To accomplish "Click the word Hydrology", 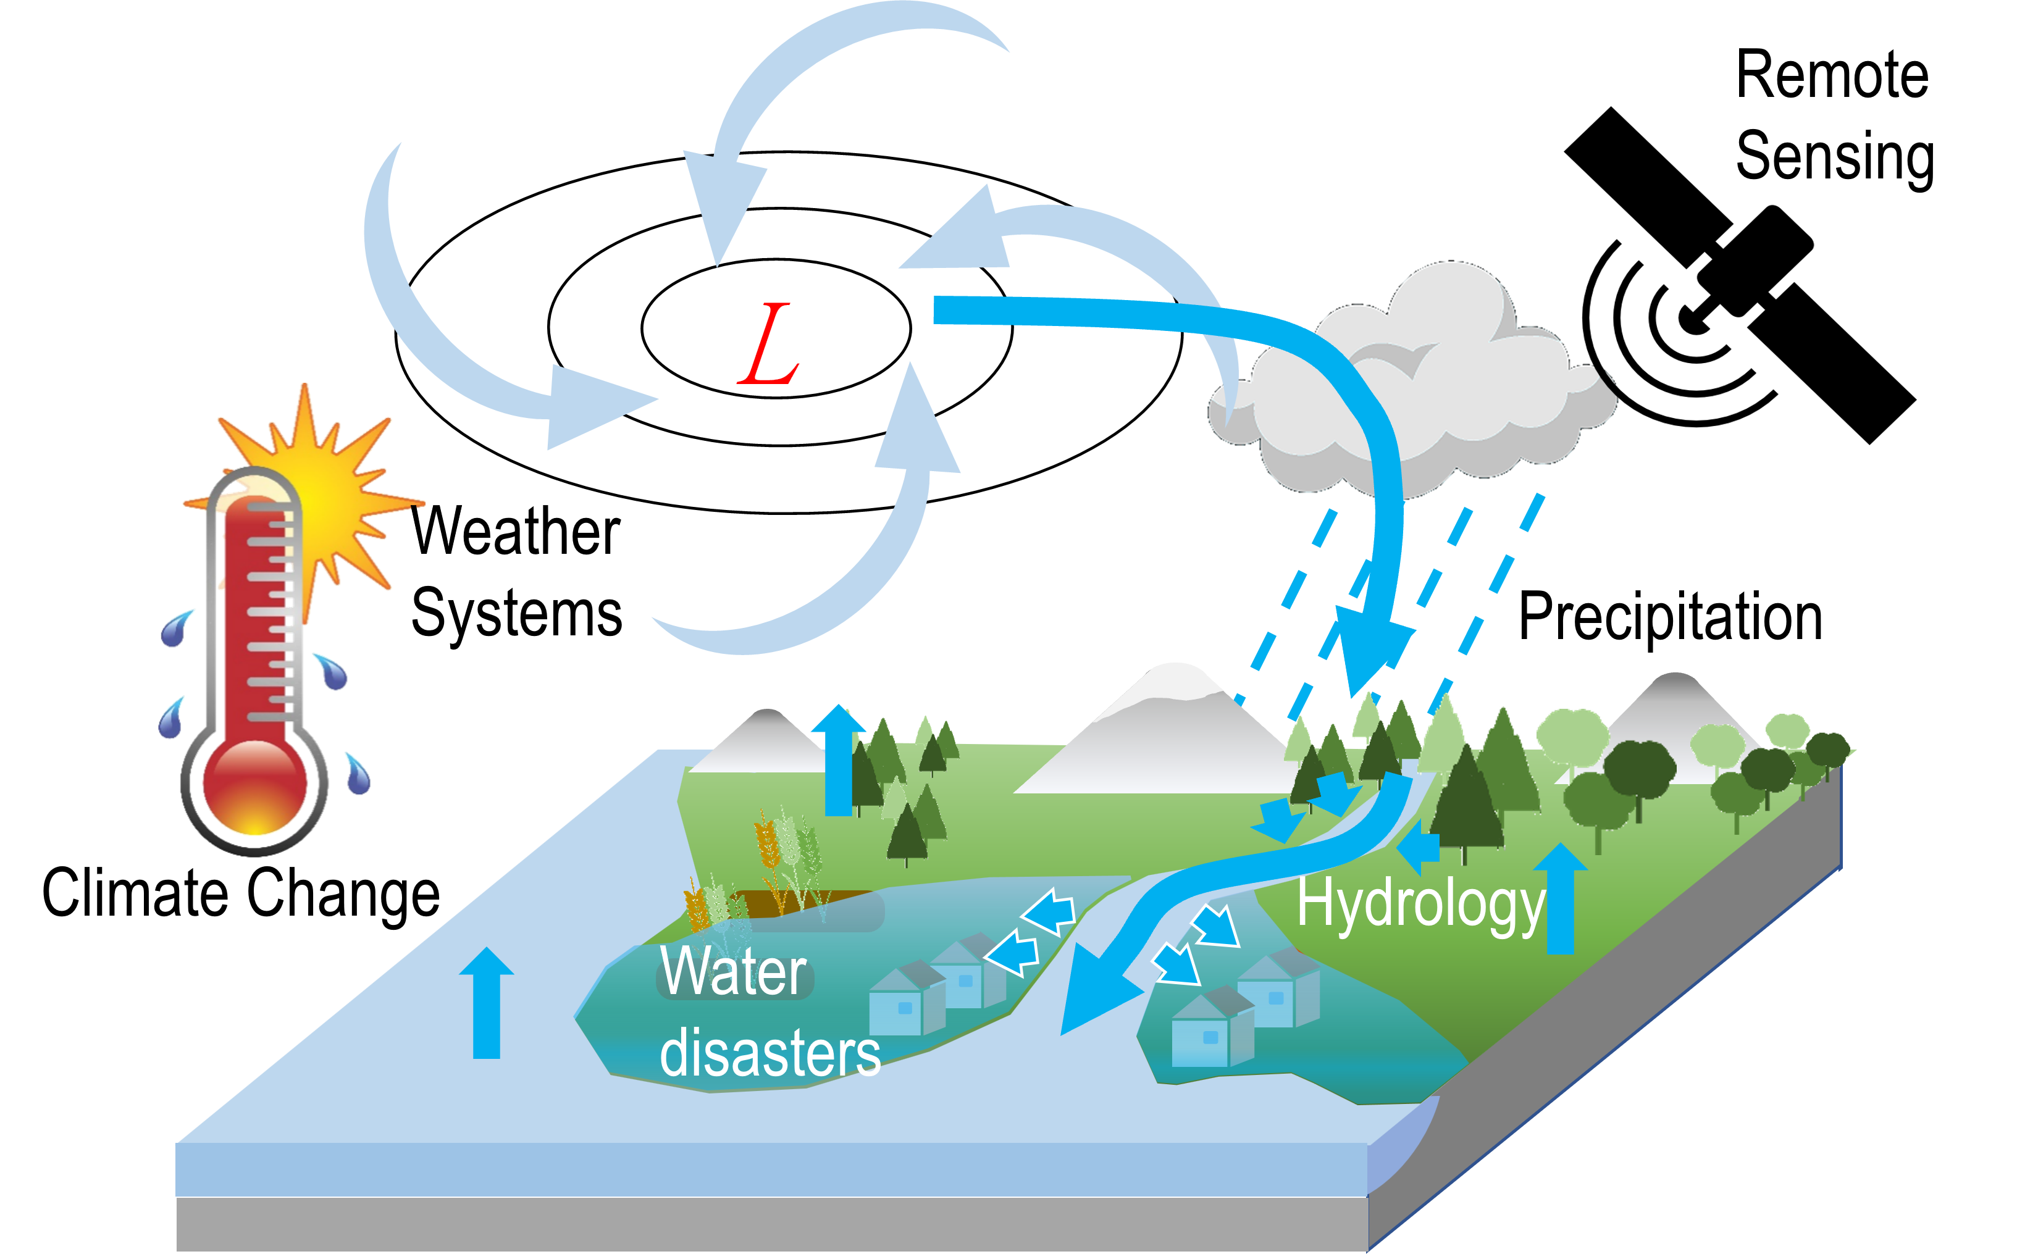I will pos(1420,906).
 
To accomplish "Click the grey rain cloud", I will pos(1427,390).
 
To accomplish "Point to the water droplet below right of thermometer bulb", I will pos(358,775).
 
